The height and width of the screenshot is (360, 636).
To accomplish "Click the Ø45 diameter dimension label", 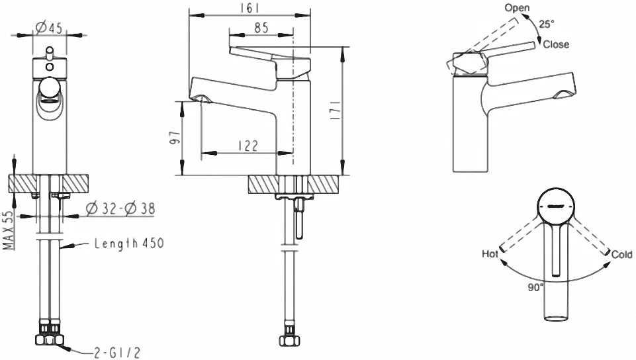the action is tap(48, 28).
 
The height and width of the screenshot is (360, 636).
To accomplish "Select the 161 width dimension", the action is tap(250, 8).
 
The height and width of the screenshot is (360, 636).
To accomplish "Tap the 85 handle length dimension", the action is tap(261, 28).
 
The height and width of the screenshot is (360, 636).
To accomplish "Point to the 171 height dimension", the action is tap(336, 110).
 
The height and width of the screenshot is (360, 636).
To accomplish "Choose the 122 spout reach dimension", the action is tap(248, 146).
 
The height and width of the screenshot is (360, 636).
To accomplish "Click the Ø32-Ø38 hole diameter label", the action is tap(120, 208).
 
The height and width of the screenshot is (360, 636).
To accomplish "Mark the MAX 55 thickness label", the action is tap(9, 230).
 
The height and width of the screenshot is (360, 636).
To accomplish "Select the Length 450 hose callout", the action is tap(129, 244).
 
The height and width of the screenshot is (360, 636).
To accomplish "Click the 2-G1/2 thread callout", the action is tap(117, 353).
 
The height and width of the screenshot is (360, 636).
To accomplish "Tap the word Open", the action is tap(517, 8).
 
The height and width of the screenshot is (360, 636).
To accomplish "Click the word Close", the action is tap(556, 44).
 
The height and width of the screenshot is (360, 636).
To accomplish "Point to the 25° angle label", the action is tap(546, 24).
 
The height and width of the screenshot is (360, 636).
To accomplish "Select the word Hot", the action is tap(490, 253).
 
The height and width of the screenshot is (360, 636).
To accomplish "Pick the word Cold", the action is tap(622, 254).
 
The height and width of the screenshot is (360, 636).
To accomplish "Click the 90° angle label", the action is tap(535, 287).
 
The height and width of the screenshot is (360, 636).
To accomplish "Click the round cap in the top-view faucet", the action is tap(556, 206).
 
